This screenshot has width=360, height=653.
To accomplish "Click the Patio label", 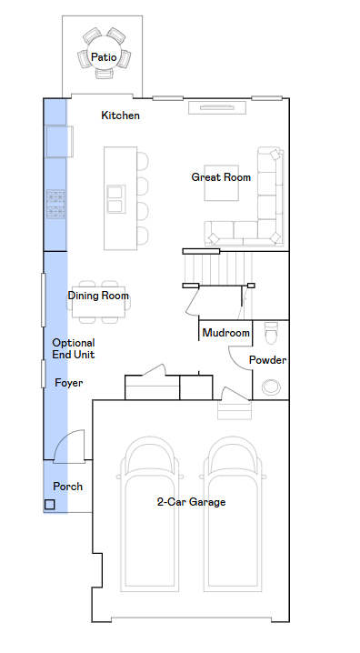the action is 104,57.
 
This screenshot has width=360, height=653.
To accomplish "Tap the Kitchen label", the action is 120,116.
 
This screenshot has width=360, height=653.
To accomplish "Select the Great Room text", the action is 221,177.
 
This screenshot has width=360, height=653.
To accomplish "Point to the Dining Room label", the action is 98,296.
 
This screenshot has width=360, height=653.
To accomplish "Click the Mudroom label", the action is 226,333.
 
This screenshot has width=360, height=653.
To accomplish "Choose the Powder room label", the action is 267,360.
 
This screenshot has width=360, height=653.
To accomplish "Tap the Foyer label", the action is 69,383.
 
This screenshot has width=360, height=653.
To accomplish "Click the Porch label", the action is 68,487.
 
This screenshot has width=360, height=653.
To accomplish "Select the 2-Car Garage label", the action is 192,502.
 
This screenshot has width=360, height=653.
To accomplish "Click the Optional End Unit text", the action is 74,348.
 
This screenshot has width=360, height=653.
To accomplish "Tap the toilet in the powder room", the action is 271,333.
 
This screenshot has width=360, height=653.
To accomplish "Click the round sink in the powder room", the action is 271,387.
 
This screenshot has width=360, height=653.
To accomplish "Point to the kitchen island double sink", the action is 115,199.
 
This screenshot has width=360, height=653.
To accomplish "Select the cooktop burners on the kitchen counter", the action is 55,204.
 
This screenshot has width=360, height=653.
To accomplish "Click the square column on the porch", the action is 49,505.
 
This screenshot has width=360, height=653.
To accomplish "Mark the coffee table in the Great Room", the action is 222,183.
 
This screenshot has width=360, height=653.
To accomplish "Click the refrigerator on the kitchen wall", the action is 59,142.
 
